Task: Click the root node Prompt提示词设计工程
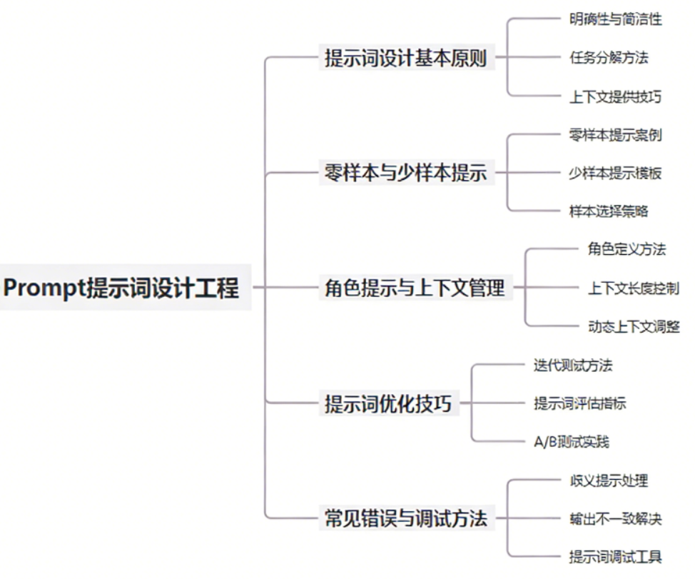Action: [122, 288]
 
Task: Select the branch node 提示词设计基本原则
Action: [405, 58]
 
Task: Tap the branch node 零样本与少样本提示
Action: [405, 173]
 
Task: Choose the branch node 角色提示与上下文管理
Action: [415, 288]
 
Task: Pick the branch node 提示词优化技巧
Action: [388, 403]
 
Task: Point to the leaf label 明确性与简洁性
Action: [615, 19]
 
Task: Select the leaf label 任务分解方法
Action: [608, 58]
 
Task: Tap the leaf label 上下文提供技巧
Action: [615, 96]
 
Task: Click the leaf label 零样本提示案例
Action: [615, 135]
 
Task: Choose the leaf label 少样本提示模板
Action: [615, 173]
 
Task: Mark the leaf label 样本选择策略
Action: [608, 211]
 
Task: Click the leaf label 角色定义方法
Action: [626, 250]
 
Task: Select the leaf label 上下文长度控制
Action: [633, 288]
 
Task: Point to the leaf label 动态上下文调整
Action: [633, 326]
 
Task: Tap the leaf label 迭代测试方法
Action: [572, 366]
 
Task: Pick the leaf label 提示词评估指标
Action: [579, 403]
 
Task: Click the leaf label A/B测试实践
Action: [571, 442]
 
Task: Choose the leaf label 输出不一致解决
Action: [615, 518]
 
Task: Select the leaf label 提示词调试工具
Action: [615, 557]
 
